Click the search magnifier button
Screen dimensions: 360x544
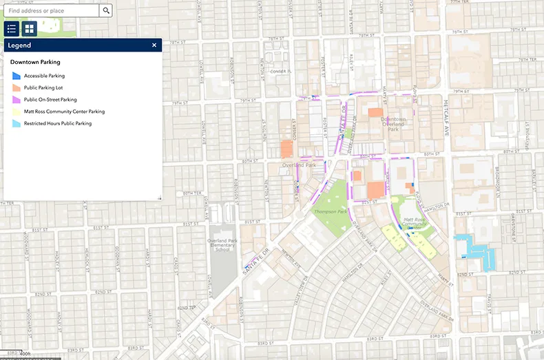coord(106,11)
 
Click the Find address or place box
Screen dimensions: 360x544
coord(52,11)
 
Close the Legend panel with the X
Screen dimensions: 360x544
coord(154,45)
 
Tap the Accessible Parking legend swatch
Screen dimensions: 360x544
coord(17,76)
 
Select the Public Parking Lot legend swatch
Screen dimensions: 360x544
coord(17,88)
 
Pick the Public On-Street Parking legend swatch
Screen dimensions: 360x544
coord(17,100)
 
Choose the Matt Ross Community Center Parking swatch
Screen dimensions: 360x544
coord(17,112)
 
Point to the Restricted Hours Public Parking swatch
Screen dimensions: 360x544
coord(17,124)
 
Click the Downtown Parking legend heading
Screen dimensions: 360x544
coord(35,62)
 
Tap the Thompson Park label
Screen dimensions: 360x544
coord(328,212)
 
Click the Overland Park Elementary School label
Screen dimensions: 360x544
coord(222,245)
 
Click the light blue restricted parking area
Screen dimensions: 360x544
coord(474,246)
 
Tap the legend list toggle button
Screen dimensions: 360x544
coord(12,29)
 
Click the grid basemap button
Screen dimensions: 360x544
coord(29,29)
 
